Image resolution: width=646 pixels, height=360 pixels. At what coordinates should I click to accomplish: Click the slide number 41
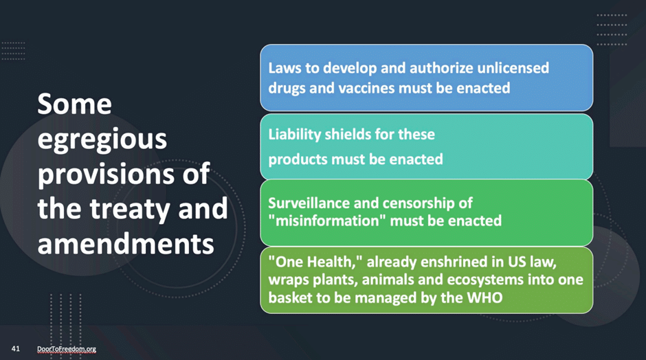click(x=16, y=348)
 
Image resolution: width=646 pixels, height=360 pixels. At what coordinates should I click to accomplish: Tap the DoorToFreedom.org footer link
click(x=67, y=349)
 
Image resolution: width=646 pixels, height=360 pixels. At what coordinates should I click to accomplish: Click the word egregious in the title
click(x=102, y=140)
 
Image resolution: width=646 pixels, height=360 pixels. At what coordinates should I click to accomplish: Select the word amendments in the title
click(x=126, y=243)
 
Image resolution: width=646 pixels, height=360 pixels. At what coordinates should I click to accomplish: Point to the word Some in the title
click(x=75, y=104)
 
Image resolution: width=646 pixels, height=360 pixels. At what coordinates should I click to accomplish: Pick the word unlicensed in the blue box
click(x=513, y=68)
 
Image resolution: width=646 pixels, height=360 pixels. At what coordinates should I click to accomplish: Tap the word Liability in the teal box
click(x=295, y=135)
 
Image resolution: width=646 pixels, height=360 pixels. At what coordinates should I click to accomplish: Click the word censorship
click(x=405, y=203)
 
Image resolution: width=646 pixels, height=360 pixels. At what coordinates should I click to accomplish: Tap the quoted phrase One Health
click(x=315, y=262)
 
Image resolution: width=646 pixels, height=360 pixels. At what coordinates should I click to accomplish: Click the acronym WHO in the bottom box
click(x=485, y=297)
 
